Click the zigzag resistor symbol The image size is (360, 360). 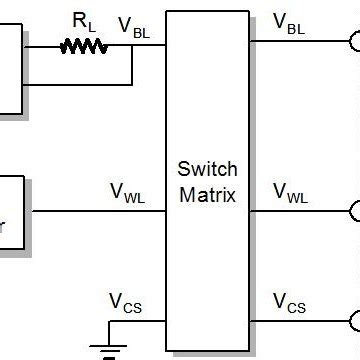[x=84, y=45]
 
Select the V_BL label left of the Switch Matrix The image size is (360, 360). [x=136, y=28]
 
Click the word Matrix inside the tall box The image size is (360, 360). [x=207, y=194]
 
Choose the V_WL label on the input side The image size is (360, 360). [x=127, y=193]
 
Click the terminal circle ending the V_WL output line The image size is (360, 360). [x=354, y=211]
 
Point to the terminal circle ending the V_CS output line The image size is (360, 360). [x=354, y=320]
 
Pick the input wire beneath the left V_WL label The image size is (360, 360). [x=100, y=211]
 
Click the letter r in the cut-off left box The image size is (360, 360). [x=3, y=228]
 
